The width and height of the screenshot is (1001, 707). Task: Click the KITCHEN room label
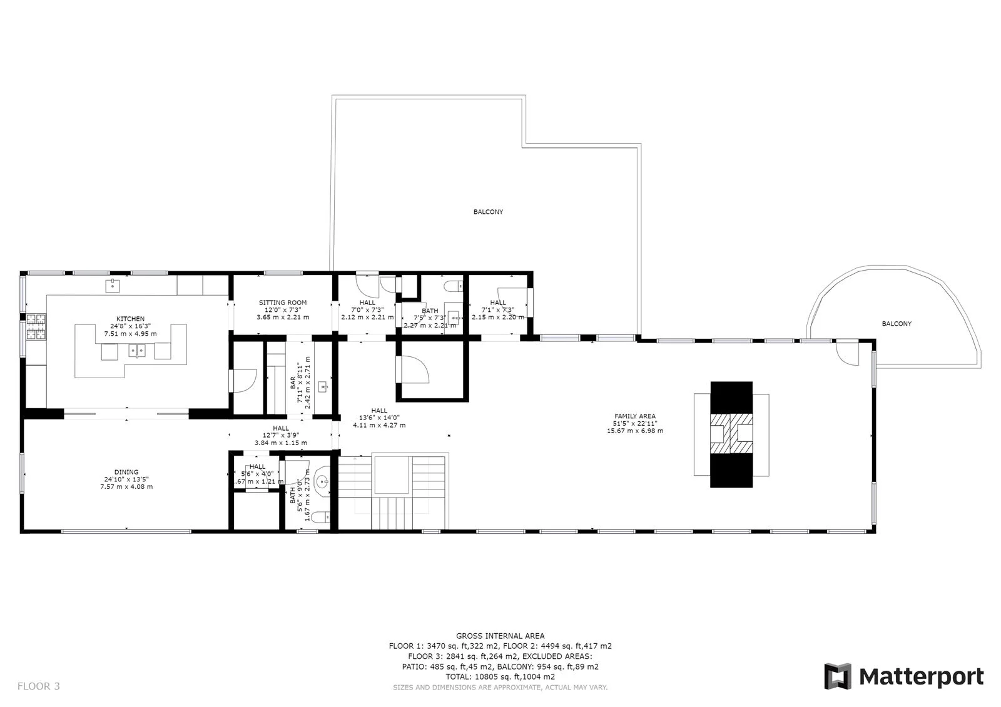click(x=130, y=319)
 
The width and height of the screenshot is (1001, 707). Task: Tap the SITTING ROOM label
click(x=283, y=303)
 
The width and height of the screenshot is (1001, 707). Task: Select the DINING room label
click(x=126, y=472)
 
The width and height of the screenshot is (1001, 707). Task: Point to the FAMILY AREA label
click(x=635, y=416)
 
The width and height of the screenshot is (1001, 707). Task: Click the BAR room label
click(x=293, y=383)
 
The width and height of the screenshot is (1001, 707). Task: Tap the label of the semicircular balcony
click(x=897, y=324)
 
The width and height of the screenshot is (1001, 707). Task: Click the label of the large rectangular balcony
click(x=488, y=212)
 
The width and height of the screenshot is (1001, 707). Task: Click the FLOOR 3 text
click(x=38, y=686)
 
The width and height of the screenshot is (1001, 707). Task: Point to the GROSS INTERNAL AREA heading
click(x=500, y=636)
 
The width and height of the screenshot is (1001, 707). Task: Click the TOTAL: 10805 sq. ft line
click(x=500, y=676)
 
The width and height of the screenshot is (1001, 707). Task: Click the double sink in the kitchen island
click(x=137, y=351)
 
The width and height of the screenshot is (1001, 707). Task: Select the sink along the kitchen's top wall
click(x=113, y=286)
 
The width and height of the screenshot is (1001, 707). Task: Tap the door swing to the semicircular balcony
click(x=849, y=356)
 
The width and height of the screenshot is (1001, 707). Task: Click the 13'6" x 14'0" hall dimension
click(x=379, y=418)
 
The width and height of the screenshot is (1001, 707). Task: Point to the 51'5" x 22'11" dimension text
click(x=635, y=423)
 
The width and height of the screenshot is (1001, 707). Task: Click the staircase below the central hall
click(x=391, y=494)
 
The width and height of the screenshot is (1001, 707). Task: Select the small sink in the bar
click(x=323, y=387)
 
